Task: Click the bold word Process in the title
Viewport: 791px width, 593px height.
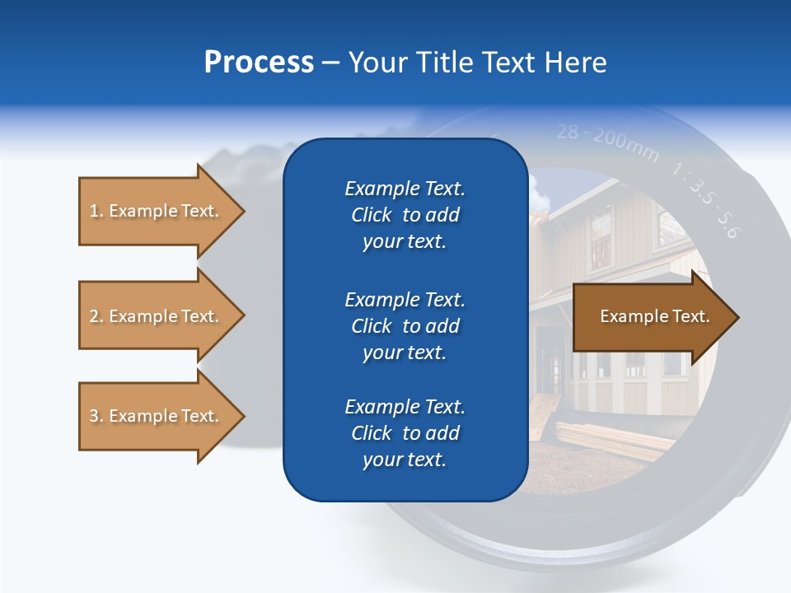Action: [259, 63]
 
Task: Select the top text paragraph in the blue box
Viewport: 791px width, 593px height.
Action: [405, 215]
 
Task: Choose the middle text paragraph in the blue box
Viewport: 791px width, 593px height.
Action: [405, 326]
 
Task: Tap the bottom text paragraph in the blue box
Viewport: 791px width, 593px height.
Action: [405, 433]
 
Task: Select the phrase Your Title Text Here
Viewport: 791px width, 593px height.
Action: [477, 63]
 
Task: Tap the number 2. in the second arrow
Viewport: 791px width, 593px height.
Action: [96, 316]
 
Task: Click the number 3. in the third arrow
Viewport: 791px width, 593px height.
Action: [96, 416]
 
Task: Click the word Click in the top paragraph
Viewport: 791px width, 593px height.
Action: [372, 215]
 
